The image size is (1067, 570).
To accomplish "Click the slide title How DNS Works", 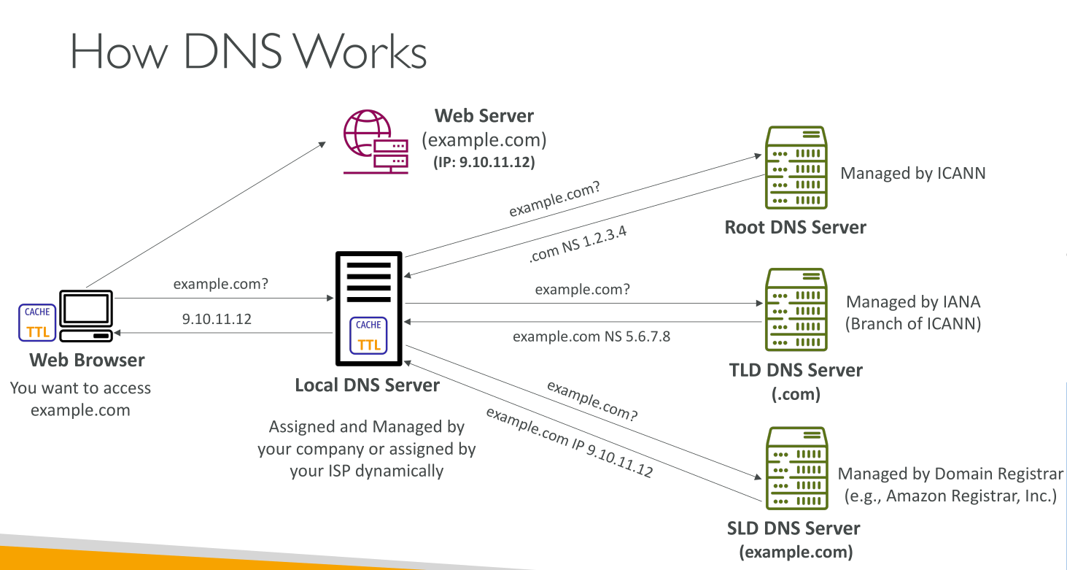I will (x=248, y=53).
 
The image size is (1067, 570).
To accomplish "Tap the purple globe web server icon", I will (x=375, y=142).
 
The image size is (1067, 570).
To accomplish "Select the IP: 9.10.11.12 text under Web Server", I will (x=484, y=163).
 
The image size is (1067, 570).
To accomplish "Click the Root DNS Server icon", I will (x=796, y=168).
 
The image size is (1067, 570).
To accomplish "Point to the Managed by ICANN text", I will (x=913, y=173).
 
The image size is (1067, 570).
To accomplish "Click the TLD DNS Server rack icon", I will (x=796, y=310).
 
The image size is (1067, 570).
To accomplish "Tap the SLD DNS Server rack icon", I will (x=796, y=469).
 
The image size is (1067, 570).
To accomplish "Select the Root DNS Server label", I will (x=795, y=227).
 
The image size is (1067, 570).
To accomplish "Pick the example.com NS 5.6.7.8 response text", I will (x=591, y=336).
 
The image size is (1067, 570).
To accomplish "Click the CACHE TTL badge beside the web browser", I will (x=37, y=323).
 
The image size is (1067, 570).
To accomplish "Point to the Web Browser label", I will (x=87, y=360).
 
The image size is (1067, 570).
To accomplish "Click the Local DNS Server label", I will (x=367, y=385).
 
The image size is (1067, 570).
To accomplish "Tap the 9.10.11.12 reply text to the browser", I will (x=217, y=319).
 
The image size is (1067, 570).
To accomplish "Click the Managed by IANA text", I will (x=913, y=301).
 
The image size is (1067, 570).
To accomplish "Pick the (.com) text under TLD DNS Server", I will (x=796, y=394).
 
